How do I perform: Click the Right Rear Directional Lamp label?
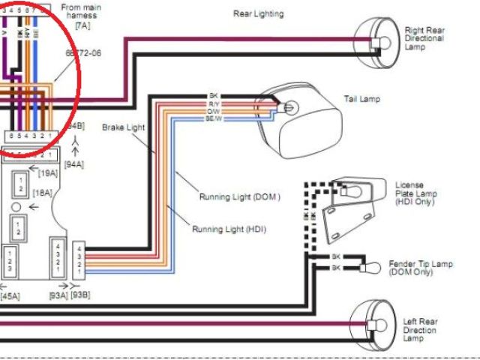[424, 38]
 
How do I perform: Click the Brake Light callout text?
[124, 128]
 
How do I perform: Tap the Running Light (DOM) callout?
[239, 197]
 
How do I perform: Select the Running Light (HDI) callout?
[229, 229]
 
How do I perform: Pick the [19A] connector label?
[48, 172]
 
